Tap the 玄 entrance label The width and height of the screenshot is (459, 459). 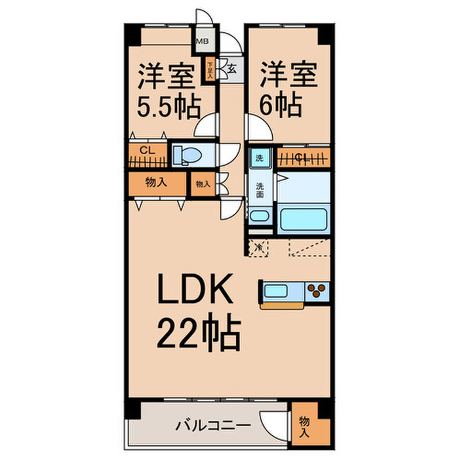click(x=232, y=66)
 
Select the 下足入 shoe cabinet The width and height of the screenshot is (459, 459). click(x=210, y=69)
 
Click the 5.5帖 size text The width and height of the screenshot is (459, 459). click(x=168, y=106)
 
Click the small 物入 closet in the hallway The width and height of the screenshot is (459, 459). click(x=203, y=184)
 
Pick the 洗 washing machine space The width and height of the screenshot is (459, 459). click(x=258, y=157)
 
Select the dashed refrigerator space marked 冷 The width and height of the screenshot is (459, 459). click(x=259, y=247)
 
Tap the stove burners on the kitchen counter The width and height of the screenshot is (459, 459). click(x=316, y=290)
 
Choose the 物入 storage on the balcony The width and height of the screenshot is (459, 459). click(x=304, y=425)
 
